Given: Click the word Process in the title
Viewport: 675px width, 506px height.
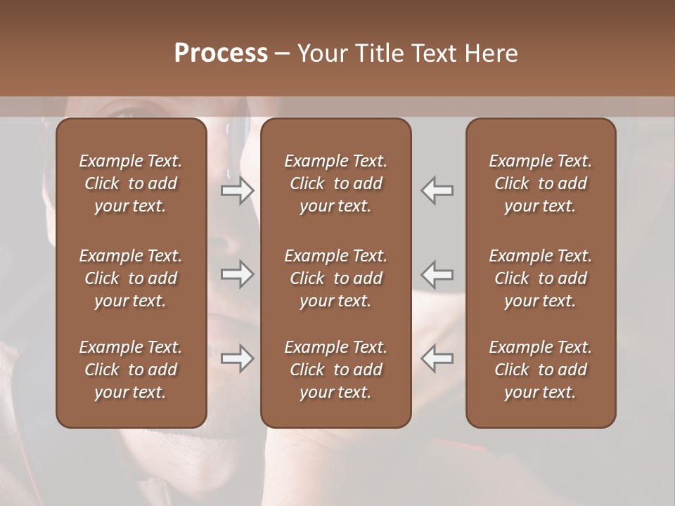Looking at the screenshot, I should (221, 53).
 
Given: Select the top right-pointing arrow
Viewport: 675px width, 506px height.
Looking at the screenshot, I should (238, 190).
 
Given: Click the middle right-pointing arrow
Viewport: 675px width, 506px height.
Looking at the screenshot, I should (238, 273).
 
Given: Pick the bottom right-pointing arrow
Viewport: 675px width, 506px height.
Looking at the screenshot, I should (238, 358).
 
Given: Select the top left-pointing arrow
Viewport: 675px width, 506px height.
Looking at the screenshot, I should (437, 190).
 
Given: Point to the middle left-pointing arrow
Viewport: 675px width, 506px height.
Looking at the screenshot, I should (437, 273).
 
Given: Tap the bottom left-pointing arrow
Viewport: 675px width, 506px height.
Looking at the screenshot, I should (437, 358).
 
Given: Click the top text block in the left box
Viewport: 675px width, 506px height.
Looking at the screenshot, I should (131, 183).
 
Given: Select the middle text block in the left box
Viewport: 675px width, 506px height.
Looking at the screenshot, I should (131, 278).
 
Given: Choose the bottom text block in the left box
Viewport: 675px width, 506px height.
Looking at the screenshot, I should (131, 370).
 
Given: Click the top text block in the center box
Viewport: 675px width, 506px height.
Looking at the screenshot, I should (335, 183).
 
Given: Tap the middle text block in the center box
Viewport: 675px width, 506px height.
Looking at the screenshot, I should (335, 278).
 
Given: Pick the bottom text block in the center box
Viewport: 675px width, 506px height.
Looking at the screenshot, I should (335, 370).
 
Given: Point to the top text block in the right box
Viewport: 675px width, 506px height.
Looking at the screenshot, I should (540, 183).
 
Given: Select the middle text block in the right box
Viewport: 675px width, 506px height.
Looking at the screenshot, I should (540, 278).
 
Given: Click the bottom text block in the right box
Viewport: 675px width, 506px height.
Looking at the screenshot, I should (540, 370).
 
